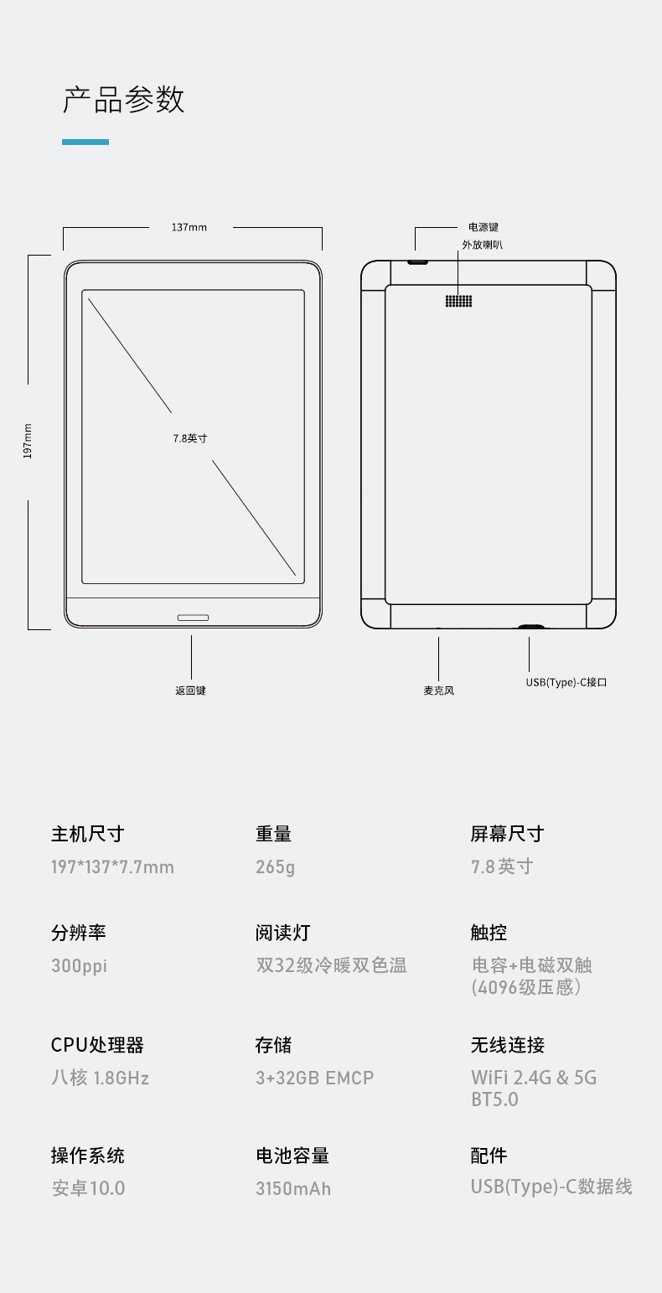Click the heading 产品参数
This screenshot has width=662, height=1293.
pyautogui.click(x=123, y=100)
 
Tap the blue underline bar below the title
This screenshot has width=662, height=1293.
pyautogui.click(x=85, y=142)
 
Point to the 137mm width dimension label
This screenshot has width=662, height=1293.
pyautogui.click(x=189, y=227)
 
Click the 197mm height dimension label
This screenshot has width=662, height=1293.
pyautogui.click(x=28, y=440)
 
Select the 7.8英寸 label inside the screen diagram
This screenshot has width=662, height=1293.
pyautogui.click(x=190, y=438)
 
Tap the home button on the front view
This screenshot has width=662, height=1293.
pyautogui.click(x=193, y=618)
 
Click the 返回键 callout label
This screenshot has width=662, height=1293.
pyautogui.click(x=190, y=691)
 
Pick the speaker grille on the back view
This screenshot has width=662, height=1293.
pyautogui.click(x=458, y=301)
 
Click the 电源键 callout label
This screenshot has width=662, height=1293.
pyautogui.click(x=484, y=227)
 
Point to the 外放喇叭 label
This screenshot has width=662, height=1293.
pyautogui.click(x=484, y=245)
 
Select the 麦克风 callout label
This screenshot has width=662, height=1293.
pyautogui.click(x=438, y=691)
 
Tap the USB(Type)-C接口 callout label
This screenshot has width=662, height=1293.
pyautogui.click(x=566, y=682)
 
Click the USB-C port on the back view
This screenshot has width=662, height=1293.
pyautogui.click(x=530, y=626)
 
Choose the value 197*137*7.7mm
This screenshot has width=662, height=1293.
pyautogui.click(x=112, y=866)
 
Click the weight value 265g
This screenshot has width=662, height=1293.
pyautogui.click(x=275, y=866)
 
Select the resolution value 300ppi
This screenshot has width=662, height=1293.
pyautogui.click(x=79, y=965)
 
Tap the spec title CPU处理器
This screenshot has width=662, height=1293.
pyautogui.click(x=97, y=1045)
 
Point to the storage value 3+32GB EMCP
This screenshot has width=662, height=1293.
pyautogui.click(x=314, y=1078)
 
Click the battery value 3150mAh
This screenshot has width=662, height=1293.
pyautogui.click(x=293, y=1188)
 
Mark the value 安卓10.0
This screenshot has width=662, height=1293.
pyautogui.click(x=88, y=1188)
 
